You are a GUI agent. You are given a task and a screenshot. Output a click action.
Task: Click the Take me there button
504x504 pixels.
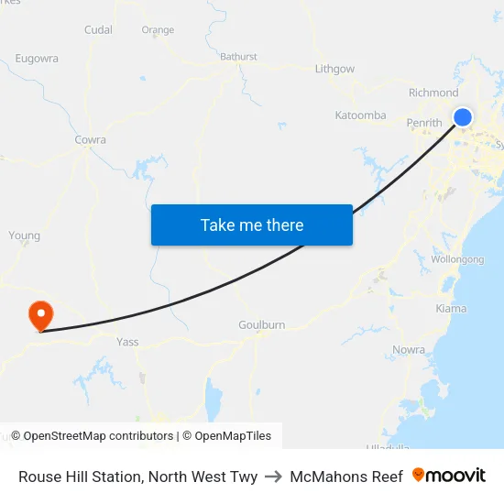[252, 225]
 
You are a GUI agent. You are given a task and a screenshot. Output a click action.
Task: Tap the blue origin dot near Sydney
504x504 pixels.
[463, 116]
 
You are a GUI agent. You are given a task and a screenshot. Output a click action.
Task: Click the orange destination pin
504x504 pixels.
[41, 316]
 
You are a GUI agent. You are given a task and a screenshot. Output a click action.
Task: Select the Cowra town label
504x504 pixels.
[90, 140]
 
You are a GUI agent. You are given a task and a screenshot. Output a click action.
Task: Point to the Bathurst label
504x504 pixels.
[238, 57]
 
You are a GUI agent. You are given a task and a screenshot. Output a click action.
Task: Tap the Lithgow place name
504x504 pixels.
[334, 69]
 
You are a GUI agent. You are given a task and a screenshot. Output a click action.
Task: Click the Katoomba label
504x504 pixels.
[360, 115]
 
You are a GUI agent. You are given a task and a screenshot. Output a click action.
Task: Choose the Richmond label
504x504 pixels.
[433, 93]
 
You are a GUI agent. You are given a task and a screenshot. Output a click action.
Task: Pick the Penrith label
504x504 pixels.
[424, 123]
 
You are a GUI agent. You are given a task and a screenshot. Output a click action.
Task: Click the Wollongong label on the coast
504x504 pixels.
[457, 259]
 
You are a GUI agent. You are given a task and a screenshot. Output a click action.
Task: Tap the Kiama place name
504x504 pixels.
[451, 309]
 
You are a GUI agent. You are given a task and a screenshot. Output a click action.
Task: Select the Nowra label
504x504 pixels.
[408, 350]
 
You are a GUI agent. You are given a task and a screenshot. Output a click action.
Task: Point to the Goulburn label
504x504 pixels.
[261, 325]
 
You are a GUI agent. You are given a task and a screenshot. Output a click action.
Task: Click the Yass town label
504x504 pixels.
[127, 342]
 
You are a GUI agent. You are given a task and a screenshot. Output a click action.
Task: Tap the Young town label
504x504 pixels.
[24, 236]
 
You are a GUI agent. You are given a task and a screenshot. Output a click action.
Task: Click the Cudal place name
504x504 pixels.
[98, 29]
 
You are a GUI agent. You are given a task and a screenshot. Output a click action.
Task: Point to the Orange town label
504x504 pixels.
[158, 30]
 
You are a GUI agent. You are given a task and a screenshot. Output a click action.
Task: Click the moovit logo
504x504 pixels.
[449, 476]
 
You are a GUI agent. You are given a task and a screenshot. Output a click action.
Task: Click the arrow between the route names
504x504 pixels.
[274, 477]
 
